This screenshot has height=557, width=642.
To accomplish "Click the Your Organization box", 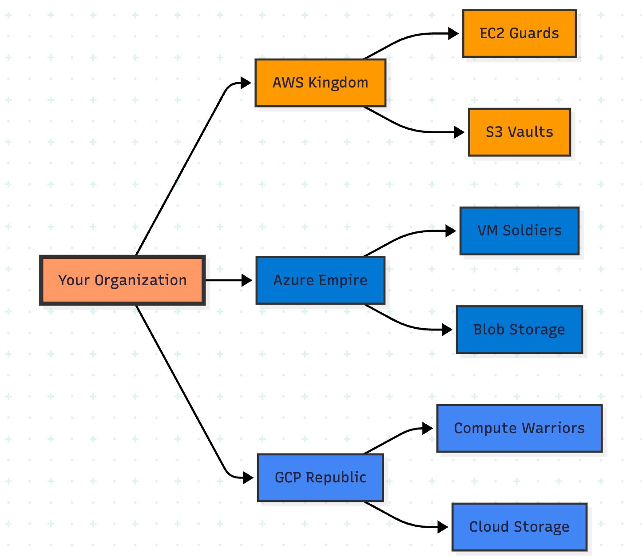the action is click(123, 280).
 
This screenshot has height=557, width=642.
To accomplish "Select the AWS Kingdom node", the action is click(320, 83).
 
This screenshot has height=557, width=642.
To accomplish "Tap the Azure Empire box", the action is click(320, 280).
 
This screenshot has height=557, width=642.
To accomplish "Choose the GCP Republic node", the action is click(320, 478).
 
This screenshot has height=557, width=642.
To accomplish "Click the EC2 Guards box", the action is click(519, 33).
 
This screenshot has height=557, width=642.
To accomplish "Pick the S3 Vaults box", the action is click(519, 132).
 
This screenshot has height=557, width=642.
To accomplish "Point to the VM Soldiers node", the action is click(519, 231).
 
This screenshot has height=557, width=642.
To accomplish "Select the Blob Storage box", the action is click(519, 330).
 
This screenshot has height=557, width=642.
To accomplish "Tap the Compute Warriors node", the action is click(519, 428).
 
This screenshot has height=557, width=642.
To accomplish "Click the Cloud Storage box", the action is click(519, 527).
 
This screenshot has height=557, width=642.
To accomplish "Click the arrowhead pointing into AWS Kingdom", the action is click(246, 83).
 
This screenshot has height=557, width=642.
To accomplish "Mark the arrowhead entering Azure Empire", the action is click(246, 280).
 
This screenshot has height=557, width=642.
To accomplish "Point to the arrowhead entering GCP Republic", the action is click(248, 478).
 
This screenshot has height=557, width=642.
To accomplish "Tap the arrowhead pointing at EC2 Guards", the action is click(453, 33).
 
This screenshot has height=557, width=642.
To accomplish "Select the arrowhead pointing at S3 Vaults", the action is click(459, 132).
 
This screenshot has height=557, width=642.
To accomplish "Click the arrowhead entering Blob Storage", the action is click(447, 330).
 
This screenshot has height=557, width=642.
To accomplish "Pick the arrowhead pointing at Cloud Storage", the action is click(443, 527).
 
